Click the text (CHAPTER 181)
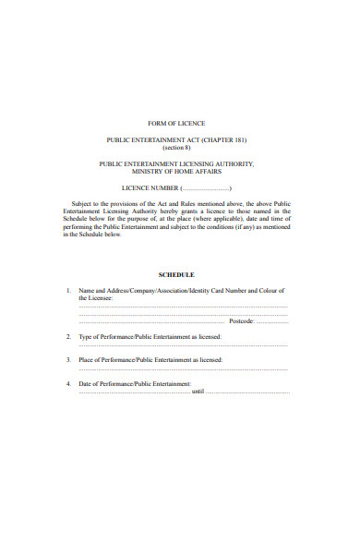tap(227, 139)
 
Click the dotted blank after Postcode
tap(272, 321)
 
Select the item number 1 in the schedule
tap(69, 291)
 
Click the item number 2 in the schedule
tap(69, 337)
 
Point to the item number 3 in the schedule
tap(69, 359)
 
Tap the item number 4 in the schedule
tap(69, 382)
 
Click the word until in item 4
tap(196, 391)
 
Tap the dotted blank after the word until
tap(246, 391)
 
